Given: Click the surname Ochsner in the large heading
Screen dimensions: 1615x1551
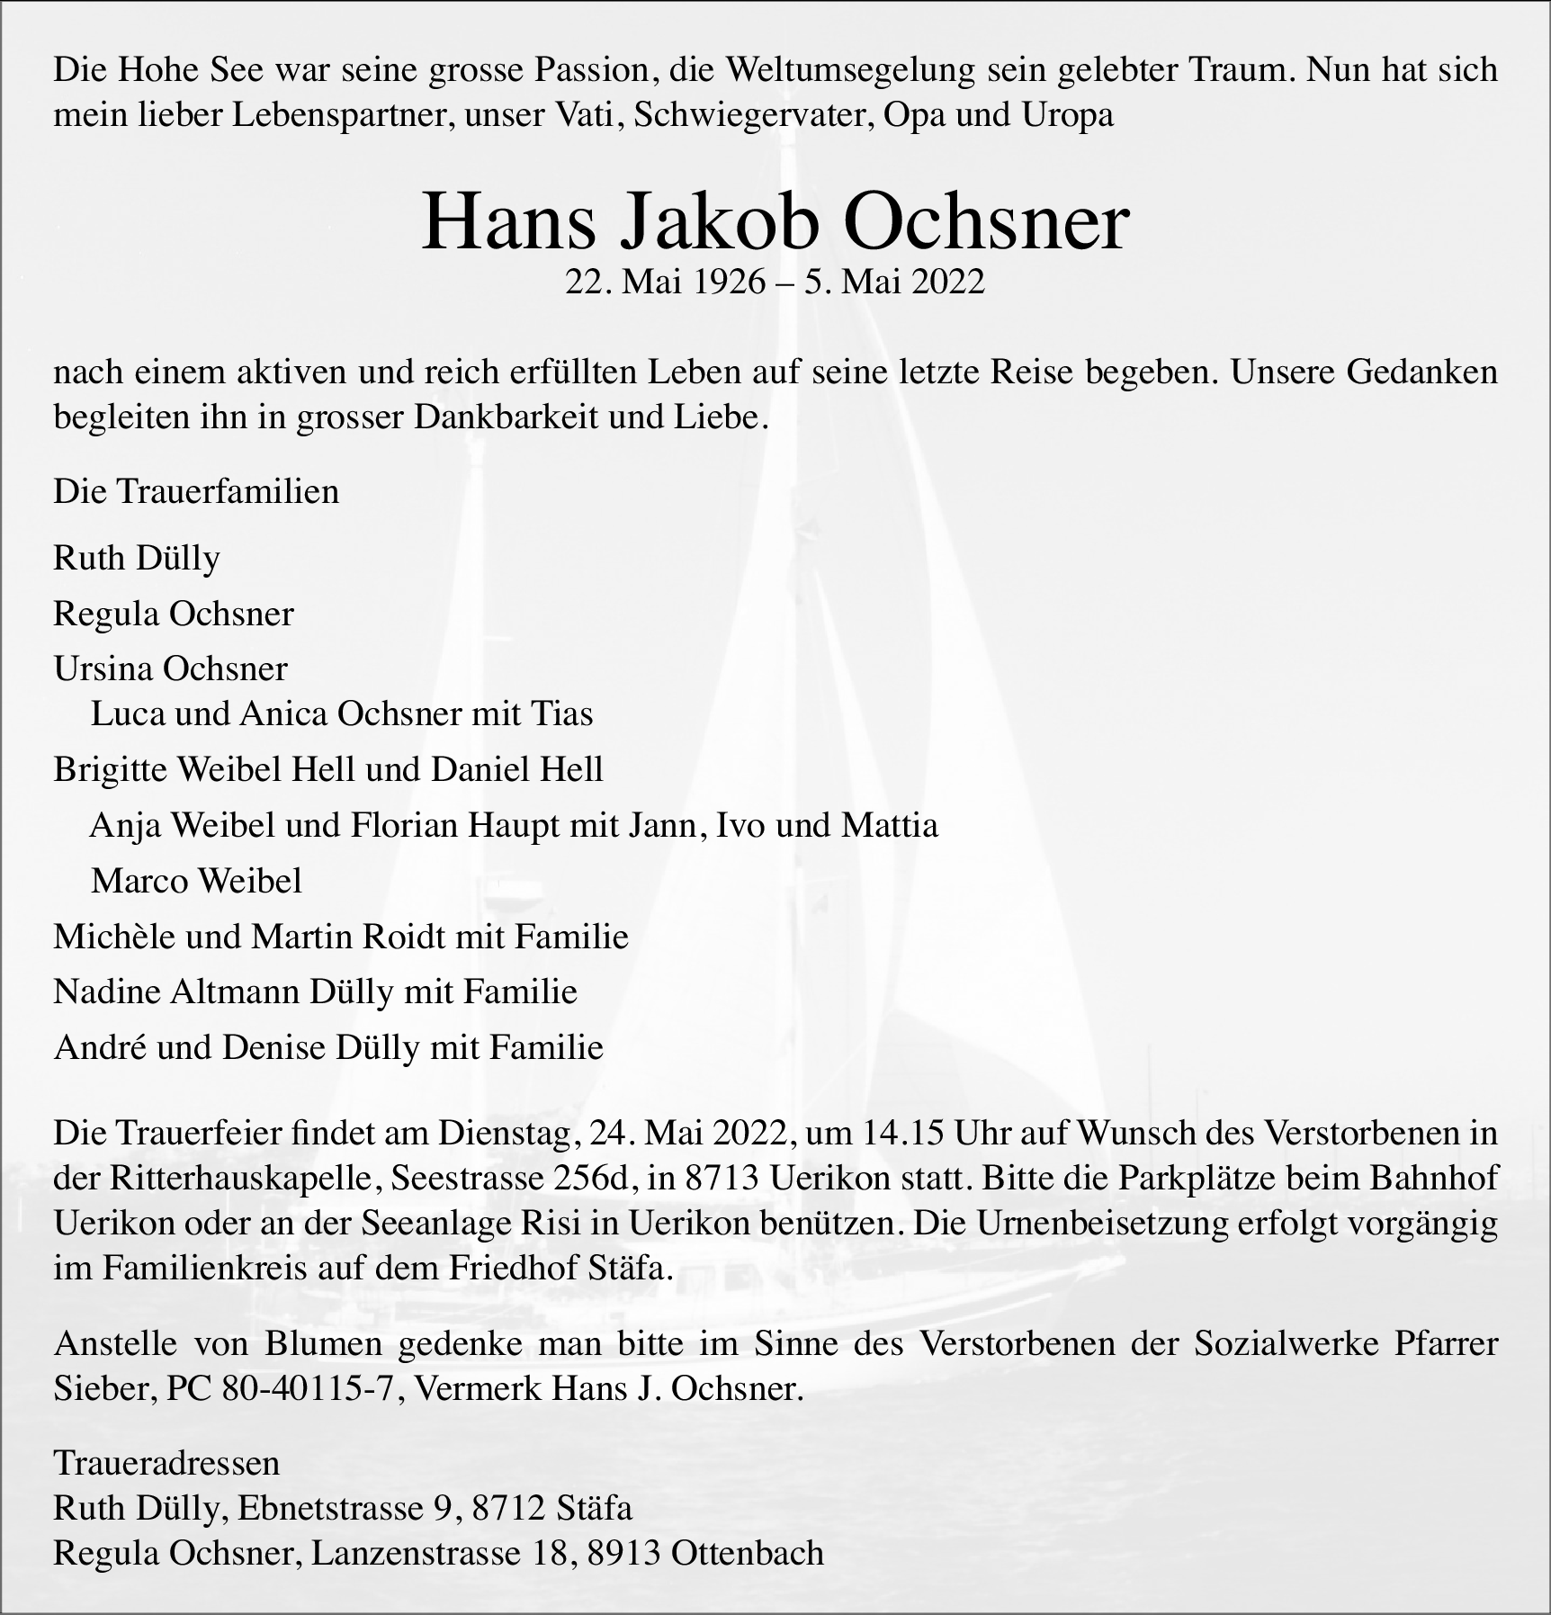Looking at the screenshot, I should [985, 223].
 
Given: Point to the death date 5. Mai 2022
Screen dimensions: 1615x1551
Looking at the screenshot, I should [895, 282].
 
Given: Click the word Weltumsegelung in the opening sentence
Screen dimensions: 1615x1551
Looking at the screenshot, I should [850, 70].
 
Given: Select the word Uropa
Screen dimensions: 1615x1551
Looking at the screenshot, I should [1067, 115].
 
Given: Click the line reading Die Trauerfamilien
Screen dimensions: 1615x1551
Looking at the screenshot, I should [196, 491].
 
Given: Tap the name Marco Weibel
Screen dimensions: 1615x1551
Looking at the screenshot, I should [196, 881].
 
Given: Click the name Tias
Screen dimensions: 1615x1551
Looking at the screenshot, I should [562, 714].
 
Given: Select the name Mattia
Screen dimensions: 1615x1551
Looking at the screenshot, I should [889, 825].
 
